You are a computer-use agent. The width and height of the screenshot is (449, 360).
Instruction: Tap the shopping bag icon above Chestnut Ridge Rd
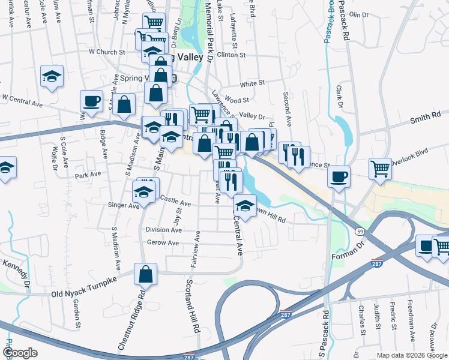click(145, 275)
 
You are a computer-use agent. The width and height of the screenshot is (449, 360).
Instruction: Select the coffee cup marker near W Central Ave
click(91, 101)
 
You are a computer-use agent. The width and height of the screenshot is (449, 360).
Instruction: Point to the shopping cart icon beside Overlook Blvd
click(380, 168)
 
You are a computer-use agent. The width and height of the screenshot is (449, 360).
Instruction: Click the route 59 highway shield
click(360, 230)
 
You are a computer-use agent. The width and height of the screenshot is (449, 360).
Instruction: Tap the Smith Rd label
click(425, 117)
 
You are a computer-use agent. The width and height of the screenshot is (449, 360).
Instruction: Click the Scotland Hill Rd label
click(192, 306)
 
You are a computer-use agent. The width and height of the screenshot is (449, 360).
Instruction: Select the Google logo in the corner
click(20, 353)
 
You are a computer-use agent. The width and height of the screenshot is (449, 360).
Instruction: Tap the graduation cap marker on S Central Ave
click(244, 206)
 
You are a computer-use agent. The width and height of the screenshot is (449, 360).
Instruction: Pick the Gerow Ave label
click(163, 243)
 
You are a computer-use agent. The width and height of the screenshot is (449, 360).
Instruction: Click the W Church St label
click(106, 52)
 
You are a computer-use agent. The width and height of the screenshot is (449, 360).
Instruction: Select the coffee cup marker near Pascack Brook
click(339, 176)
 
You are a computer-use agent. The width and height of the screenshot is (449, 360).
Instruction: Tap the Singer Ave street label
click(123, 205)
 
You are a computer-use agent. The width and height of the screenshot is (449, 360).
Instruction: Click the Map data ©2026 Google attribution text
click(412, 355)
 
